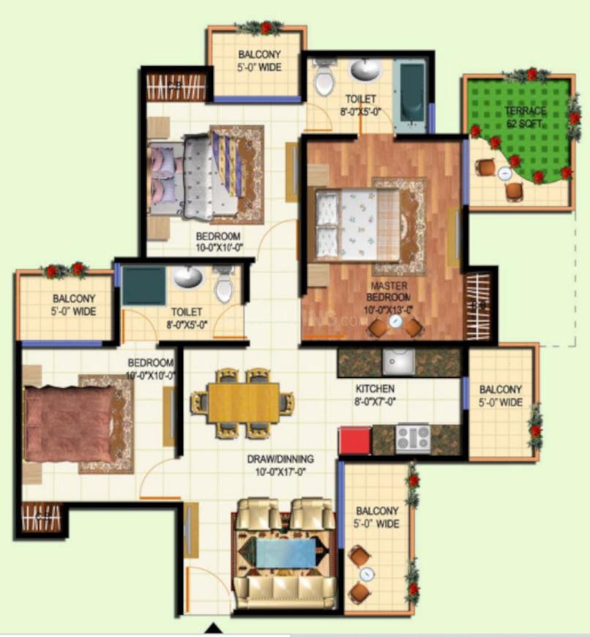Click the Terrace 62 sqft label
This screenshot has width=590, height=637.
(x=526, y=117)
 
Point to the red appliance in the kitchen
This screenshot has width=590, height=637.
(x=354, y=439)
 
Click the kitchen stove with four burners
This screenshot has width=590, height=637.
(x=413, y=438)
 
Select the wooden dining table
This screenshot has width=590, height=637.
(x=243, y=403)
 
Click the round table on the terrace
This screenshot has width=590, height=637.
(x=504, y=174)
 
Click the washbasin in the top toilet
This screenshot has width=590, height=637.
(x=365, y=70)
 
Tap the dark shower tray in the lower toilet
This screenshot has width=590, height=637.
(x=143, y=286)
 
